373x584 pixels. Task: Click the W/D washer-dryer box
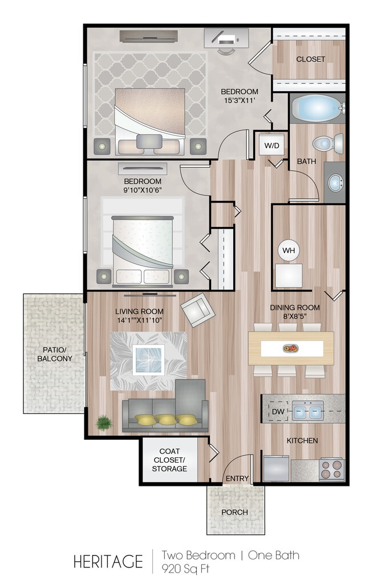tap(271, 145)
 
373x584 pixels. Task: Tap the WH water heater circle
tap(289, 250)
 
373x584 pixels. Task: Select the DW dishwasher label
tap(278, 412)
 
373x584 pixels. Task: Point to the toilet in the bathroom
tap(328, 143)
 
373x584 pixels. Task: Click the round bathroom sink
tap(336, 182)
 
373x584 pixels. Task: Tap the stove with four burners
tap(331, 469)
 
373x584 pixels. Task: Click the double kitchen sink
tap(307, 411)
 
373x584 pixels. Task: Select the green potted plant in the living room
tap(104, 423)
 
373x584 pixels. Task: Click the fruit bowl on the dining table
tap(291, 348)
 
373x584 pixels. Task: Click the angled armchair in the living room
tap(198, 310)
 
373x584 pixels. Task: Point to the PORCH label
tap(235, 512)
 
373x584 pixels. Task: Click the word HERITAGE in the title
tap(108, 562)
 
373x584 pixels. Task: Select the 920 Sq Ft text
tap(185, 569)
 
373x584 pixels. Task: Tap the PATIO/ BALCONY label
tap(54, 354)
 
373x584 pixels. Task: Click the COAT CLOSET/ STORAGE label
tap(169, 460)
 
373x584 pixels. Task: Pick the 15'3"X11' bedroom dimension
tap(240, 100)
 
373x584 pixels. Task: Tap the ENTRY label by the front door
tap(237, 478)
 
